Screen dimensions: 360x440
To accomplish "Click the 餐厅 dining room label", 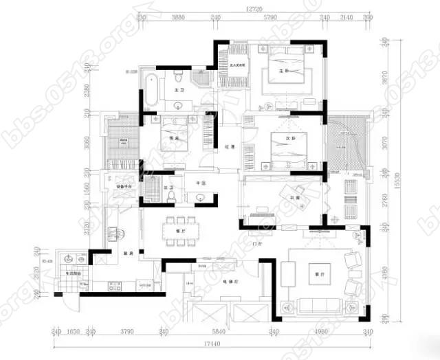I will pos(181,213).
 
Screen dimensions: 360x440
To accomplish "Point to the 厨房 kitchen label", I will pos(129,253).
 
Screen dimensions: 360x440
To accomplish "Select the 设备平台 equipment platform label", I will pos(124,185).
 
